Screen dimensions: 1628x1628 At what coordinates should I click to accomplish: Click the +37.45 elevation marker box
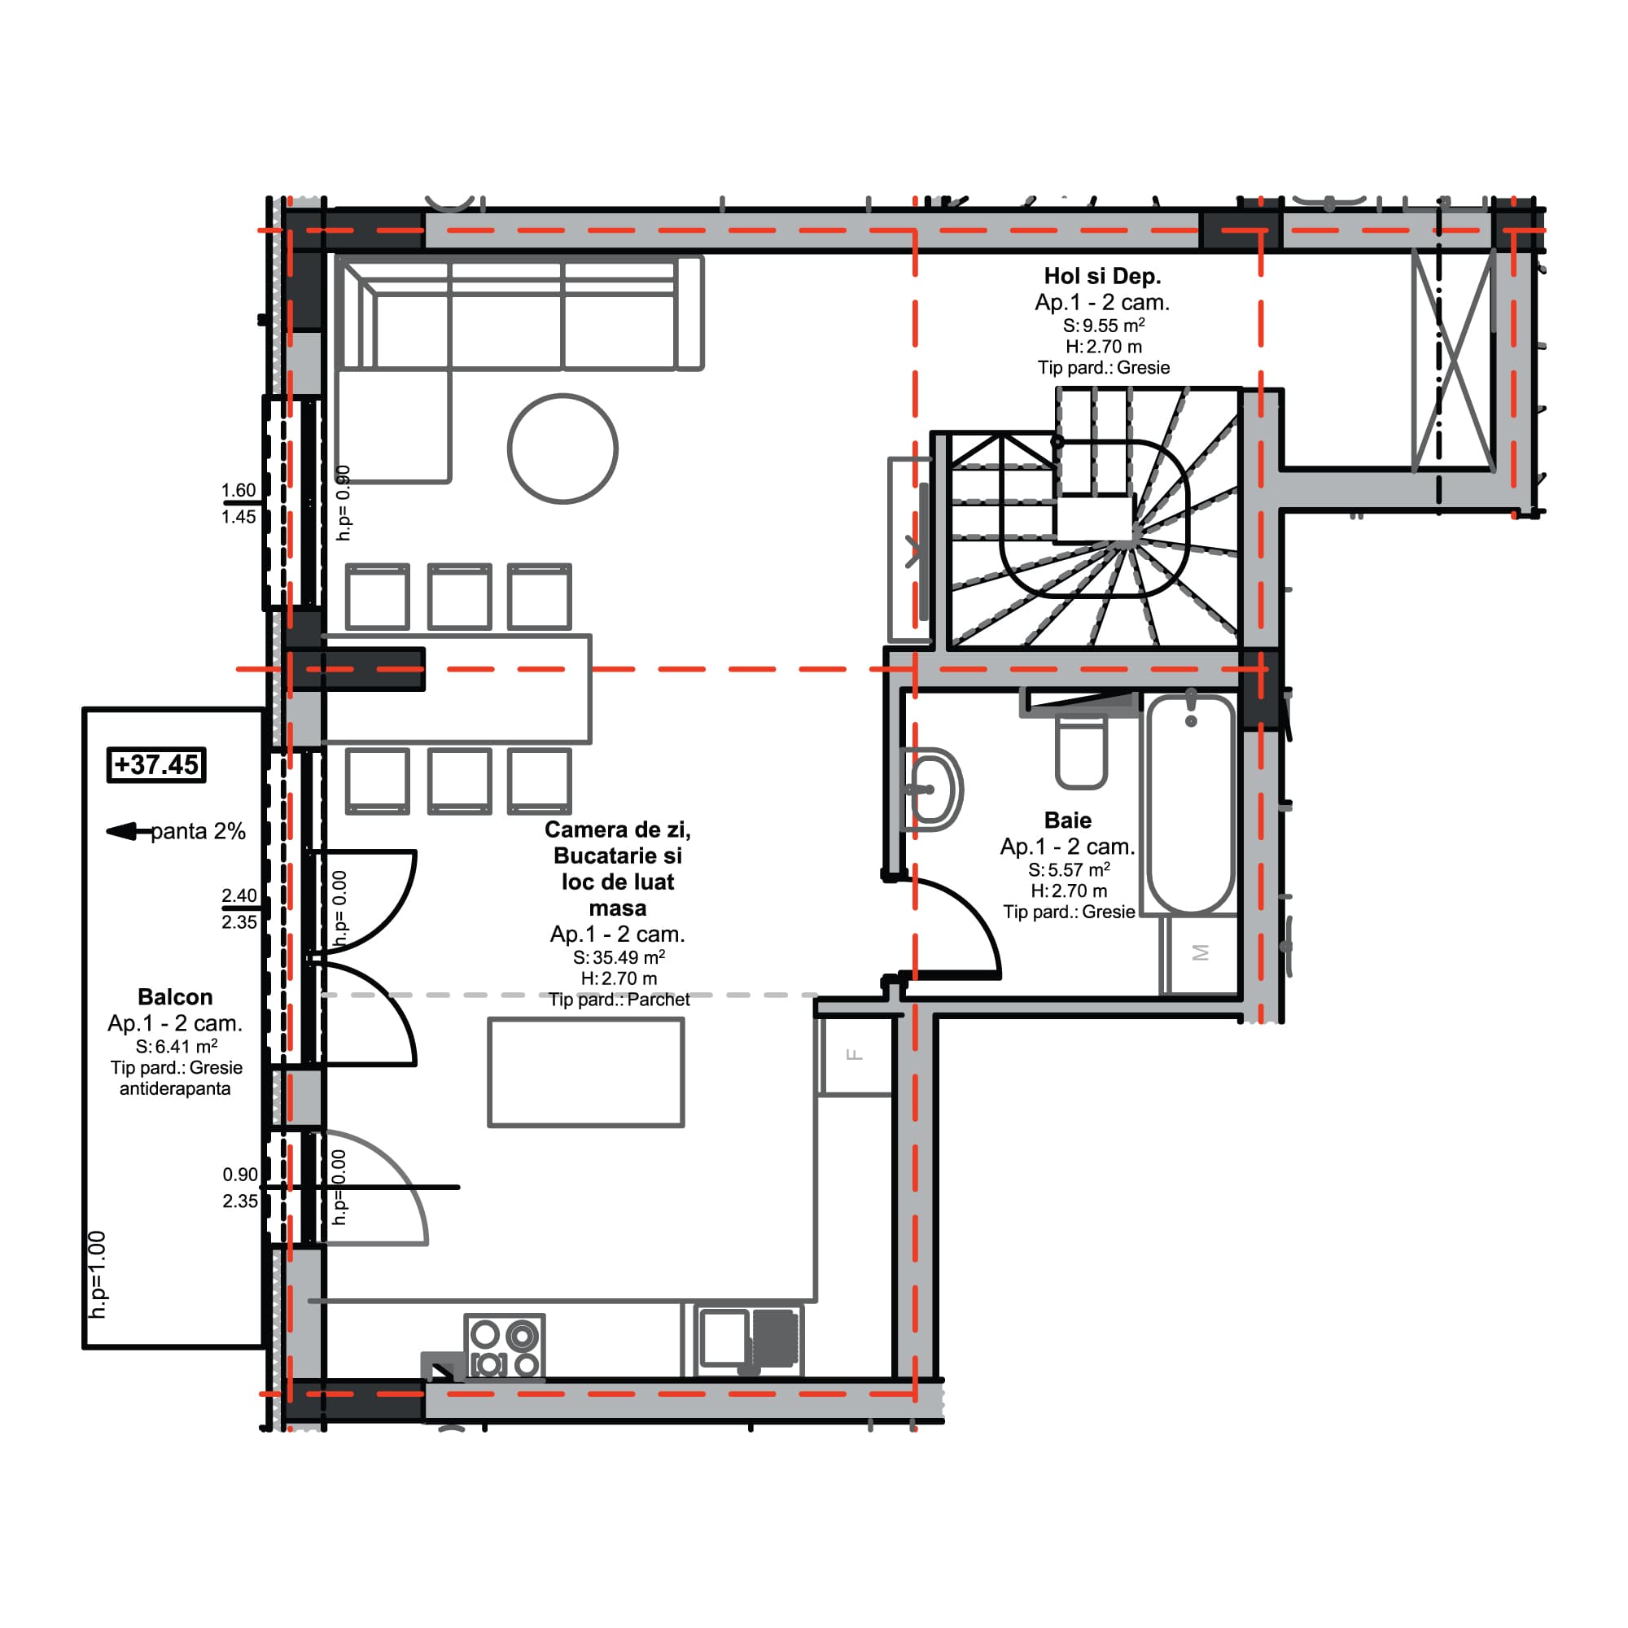(x=157, y=765)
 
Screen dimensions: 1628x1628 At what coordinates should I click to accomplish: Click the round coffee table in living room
(x=563, y=449)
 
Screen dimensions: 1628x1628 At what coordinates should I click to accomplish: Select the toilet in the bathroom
(x=1081, y=751)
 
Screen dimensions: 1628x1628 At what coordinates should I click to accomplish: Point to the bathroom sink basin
(x=934, y=790)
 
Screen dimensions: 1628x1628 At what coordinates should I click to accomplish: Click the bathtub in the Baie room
(x=1191, y=805)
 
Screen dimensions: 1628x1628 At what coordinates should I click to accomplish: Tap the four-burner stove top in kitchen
(x=505, y=1348)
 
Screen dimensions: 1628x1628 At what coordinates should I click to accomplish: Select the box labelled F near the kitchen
(x=856, y=1055)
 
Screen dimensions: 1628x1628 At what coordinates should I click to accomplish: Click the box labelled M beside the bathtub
(x=1201, y=953)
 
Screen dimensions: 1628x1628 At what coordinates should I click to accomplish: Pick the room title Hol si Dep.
(x=1102, y=276)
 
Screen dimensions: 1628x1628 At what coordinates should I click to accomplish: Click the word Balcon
(x=174, y=997)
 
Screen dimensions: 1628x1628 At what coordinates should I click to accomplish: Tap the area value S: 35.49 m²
(x=619, y=957)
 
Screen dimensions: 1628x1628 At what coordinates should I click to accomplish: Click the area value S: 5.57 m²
(x=1069, y=869)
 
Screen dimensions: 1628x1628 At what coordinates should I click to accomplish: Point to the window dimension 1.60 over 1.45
(x=239, y=503)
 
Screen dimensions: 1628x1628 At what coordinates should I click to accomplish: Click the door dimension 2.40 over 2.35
(x=239, y=908)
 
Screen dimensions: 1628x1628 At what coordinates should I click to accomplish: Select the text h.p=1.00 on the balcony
(x=98, y=1274)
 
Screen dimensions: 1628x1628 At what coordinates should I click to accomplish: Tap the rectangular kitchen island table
(x=585, y=1072)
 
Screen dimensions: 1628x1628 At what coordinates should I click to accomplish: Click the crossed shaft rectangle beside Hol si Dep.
(x=1453, y=361)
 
